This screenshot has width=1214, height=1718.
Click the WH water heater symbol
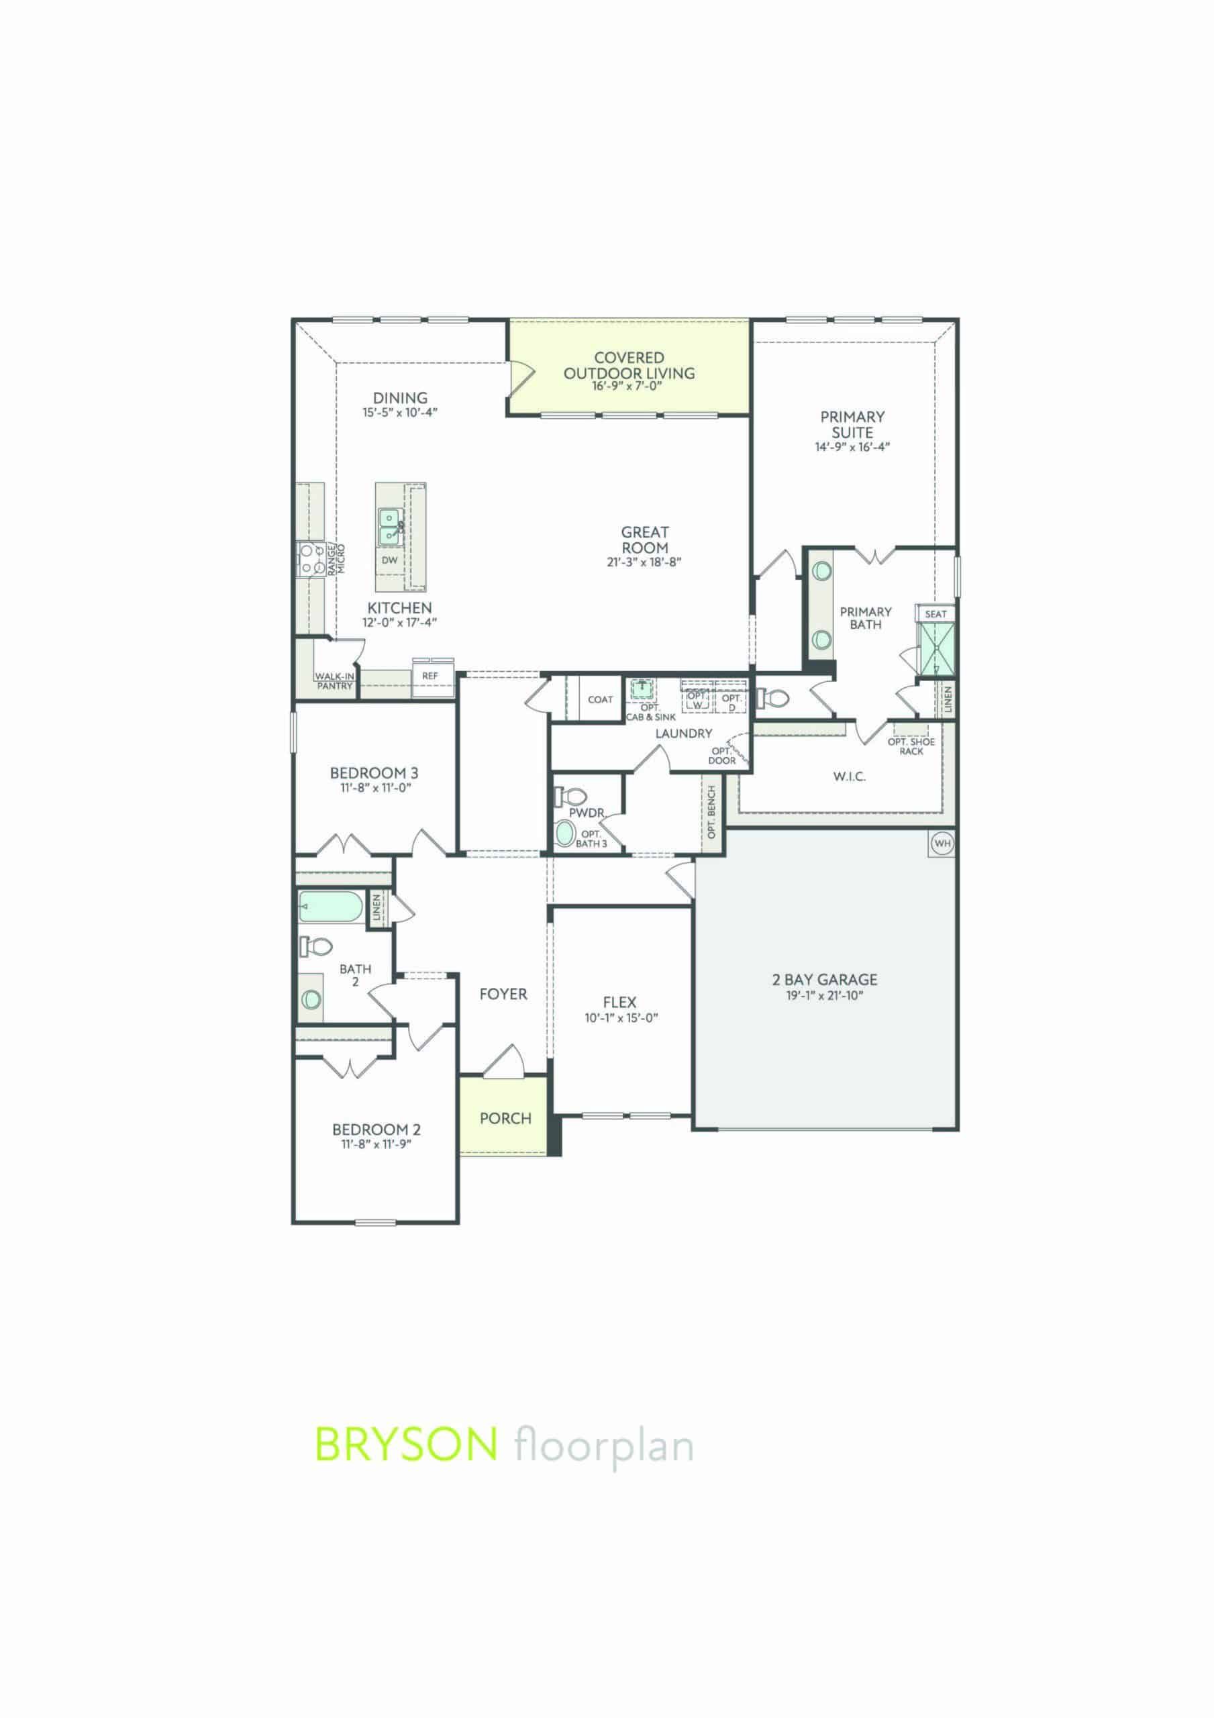942,844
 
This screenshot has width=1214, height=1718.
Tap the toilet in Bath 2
316,946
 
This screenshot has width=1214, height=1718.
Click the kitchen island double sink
389,527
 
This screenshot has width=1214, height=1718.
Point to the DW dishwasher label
389,560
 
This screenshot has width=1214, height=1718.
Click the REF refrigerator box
429,675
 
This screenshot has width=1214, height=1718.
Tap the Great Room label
644,540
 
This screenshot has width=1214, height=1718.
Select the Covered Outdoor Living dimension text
629,385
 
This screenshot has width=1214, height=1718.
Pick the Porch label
505,1119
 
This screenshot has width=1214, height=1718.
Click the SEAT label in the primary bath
935,613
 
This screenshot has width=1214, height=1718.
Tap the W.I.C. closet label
849,776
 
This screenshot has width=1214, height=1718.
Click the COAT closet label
600,700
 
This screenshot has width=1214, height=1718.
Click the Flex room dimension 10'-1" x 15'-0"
621,1017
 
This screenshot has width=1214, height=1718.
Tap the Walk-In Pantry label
334,680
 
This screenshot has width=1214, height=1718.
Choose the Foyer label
503,995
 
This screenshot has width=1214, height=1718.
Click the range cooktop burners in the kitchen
307,560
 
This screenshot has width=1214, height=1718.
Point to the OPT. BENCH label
712,812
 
